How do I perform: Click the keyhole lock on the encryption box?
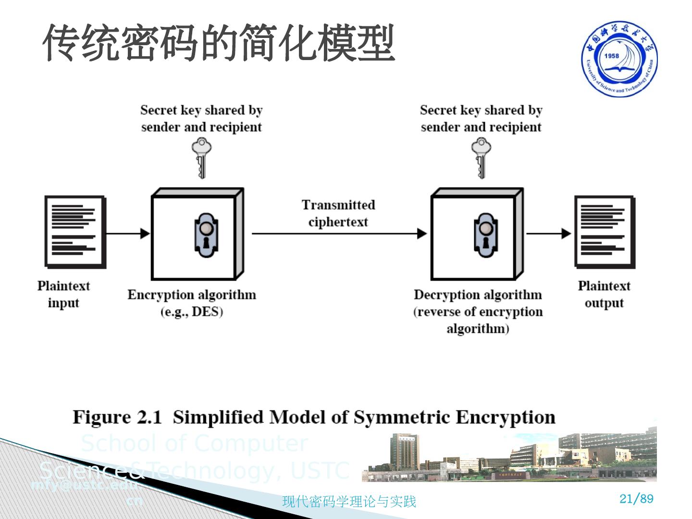206,235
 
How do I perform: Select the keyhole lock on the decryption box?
485,235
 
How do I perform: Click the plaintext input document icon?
75,232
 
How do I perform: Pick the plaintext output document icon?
605,232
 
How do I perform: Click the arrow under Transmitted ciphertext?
339,234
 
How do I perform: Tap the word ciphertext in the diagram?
338,222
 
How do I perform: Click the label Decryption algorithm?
478,295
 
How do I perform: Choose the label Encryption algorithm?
192,295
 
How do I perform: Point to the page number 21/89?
636,499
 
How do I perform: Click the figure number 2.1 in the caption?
149,417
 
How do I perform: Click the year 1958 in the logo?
612,56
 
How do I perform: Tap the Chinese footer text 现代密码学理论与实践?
349,502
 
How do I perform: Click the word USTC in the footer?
320,470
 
